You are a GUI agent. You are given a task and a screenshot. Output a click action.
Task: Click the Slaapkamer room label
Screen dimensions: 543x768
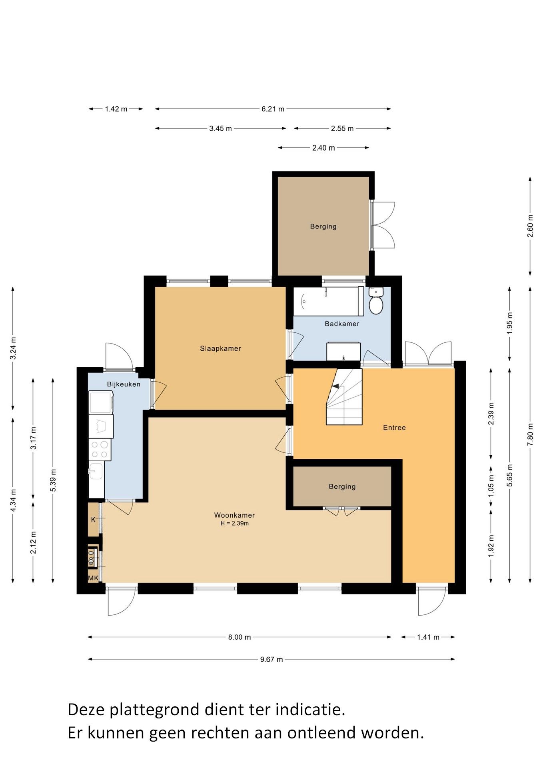click(220, 348)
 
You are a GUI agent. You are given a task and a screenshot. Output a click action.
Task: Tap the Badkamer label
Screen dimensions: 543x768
click(342, 324)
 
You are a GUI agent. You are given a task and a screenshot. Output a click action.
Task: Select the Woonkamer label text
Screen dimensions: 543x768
click(234, 515)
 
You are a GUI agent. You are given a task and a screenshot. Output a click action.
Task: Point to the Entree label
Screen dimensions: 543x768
click(394, 428)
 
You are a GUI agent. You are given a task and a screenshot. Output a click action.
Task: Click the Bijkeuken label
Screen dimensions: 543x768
click(124, 384)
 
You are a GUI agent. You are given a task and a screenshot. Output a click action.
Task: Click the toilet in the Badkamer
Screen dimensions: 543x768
click(376, 300)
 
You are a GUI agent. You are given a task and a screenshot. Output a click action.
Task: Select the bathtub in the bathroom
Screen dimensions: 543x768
click(329, 301)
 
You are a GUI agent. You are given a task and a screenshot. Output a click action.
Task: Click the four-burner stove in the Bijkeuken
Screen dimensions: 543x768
click(100, 449)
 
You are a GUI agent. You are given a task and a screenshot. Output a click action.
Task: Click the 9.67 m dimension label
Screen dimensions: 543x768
click(271, 659)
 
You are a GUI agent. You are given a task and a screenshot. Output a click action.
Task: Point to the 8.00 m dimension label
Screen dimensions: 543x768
click(240, 637)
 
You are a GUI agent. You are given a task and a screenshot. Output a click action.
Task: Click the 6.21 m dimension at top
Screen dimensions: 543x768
click(273, 109)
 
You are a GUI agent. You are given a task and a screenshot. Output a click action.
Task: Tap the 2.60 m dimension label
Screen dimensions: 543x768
click(530, 226)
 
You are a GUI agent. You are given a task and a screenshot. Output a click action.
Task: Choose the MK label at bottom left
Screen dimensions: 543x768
click(93, 578)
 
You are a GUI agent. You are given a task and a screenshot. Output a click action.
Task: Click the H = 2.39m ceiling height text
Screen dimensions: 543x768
click(235, 524)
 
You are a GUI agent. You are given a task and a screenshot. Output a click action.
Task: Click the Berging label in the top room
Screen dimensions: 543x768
click(323, 226)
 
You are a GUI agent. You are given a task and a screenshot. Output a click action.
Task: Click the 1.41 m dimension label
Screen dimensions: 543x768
click(428, 637)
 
